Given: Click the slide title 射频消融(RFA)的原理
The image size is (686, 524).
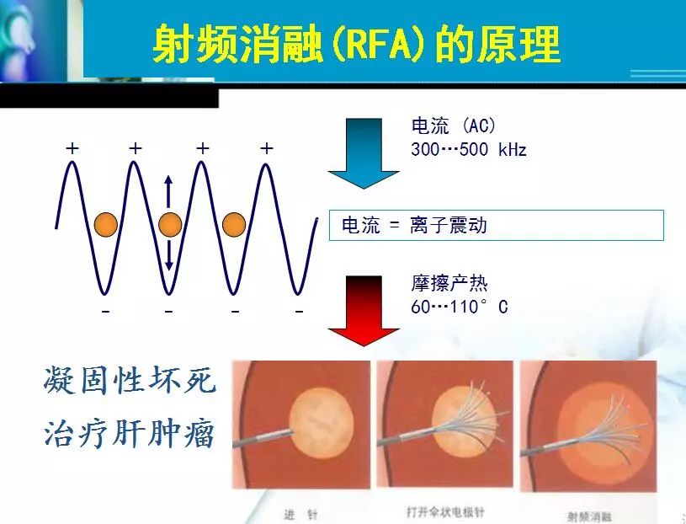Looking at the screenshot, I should [355, 44].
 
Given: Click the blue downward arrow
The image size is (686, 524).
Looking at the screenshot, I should [363, 154].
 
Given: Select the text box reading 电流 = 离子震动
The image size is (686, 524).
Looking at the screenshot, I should [497, 225].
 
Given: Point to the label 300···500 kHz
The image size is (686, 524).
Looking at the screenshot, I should [469, 149].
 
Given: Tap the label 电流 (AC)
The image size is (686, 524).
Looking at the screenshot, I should [454, 127].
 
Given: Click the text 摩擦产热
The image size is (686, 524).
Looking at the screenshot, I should [449, 284].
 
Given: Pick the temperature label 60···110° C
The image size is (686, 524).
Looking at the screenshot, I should [459, 307].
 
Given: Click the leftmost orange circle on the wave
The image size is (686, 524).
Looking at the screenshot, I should [105, 225].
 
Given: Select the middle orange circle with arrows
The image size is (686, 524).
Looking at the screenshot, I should [169, 225].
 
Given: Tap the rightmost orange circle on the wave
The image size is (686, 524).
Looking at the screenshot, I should [234, 225].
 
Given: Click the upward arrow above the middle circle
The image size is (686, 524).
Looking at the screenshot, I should [168, 191].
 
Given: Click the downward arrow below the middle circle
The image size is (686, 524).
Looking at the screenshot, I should [168, 255].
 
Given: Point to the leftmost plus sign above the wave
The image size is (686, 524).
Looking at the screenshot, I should [72, 148].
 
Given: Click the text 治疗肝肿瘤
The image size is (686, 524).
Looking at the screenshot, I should [130, 434].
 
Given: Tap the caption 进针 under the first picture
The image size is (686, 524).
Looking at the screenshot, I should [300, 515].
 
